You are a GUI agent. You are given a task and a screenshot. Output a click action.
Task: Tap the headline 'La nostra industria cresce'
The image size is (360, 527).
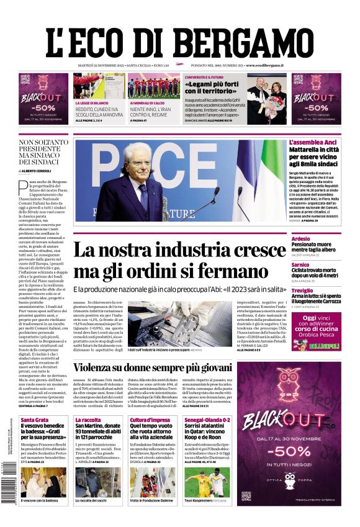click(180, 251)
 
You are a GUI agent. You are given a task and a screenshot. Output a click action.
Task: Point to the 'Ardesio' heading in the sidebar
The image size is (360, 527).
click(300, 238)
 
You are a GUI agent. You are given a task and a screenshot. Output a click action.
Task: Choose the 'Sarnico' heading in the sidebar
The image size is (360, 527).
click(300, 264)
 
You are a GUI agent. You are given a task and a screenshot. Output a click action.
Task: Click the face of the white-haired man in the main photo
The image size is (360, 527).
click(137, 163)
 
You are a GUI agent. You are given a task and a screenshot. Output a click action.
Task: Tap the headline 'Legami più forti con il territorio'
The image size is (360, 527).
click(212, 88)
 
